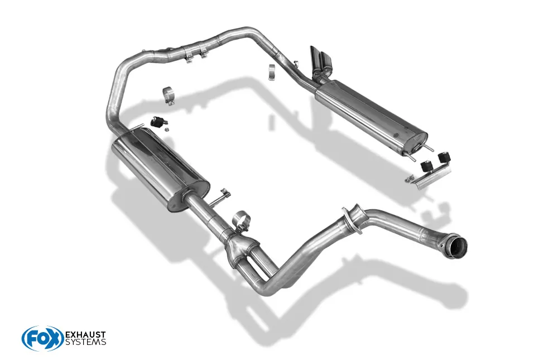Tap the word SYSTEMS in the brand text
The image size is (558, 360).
pyautogui.click(x=86, y=343)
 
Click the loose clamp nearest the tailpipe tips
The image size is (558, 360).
pyautogui.click(x=272, y=72)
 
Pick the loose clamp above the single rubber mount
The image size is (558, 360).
pyautogui.click(x=168, y=94)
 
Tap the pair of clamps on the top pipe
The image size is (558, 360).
pyautogui.click(x=195, y=52)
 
